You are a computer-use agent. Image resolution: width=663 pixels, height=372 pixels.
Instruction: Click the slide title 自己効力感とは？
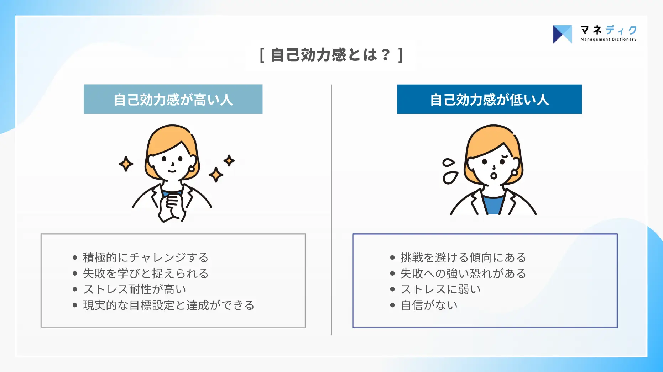[x=331, y=55]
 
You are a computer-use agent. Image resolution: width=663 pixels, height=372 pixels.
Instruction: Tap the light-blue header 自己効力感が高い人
[x=173, y=99]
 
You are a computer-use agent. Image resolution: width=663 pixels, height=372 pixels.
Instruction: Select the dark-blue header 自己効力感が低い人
[x=489, y=99]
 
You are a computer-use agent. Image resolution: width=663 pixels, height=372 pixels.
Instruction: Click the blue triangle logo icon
[x=562, y=34]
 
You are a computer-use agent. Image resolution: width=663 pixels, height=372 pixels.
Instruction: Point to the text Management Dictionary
[x=609, y=39]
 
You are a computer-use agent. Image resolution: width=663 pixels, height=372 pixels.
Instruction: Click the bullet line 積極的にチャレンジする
[x=145, y=257]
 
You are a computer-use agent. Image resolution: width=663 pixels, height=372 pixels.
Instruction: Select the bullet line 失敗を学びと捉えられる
[x=145, y=273]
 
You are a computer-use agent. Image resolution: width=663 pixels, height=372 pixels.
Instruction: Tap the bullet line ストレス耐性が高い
[x=134, y=289]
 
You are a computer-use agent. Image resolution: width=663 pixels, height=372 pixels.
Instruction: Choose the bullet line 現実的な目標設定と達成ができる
[x=168, y=305]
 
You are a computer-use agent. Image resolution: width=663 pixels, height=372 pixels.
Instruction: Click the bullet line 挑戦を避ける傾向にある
[x=463, y=257]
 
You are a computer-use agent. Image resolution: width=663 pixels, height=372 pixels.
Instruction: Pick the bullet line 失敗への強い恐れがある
[x=463, y=273]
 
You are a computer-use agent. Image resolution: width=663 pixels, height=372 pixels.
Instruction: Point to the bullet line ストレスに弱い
[x=440, y=289]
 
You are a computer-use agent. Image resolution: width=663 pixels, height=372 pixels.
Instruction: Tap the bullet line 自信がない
[x=429, y=305]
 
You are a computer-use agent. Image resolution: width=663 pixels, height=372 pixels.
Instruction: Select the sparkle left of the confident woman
[x=126, y=164]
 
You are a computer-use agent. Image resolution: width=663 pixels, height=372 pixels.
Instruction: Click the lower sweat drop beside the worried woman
[x=450, y=177]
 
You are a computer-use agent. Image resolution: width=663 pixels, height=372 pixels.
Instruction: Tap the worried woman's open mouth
[x=494, y=176]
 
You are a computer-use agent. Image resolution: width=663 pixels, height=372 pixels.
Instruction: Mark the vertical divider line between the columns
[x=331, y=210]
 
